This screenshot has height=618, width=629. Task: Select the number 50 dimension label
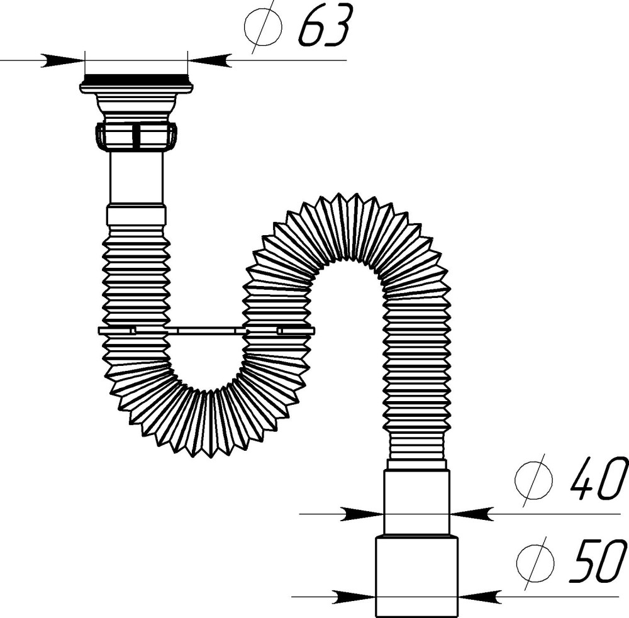tap(598, 561)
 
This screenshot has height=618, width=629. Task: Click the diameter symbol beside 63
tap(263, 26)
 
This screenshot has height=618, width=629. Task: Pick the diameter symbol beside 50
tap(535, 561)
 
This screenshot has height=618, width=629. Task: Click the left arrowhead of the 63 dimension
tap(64, 60)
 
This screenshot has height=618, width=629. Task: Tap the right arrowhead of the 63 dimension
tap(209, 60)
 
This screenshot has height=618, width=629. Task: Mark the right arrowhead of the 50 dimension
tap(480, 597)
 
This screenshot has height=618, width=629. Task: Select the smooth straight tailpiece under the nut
tap(136, 178)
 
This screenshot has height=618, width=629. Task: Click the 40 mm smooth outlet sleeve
tap(417, 502)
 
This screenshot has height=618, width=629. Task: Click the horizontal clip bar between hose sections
tap(206, 331)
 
